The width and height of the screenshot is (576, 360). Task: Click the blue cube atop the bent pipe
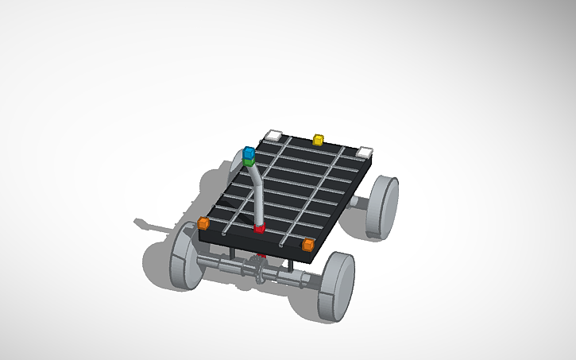coord(249,151)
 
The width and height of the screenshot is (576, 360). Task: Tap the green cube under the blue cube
coord(249,161)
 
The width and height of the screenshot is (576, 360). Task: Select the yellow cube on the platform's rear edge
coord(319,141)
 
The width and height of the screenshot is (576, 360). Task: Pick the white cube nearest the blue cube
coord(274,135)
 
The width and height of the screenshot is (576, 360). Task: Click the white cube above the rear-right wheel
coord(365,152)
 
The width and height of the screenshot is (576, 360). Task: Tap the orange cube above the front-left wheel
coord(203,223)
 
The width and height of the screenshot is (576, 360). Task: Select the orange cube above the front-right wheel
coord(308,244)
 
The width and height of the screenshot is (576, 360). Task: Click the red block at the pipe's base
coord(259,229)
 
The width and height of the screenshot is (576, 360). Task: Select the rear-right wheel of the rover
coord(383,207)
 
